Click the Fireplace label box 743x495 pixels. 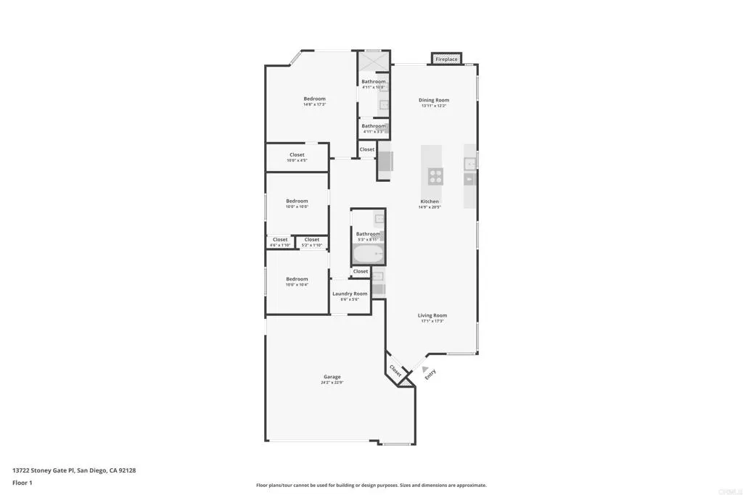click(447, 59)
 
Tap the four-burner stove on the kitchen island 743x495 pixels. click(435, 176)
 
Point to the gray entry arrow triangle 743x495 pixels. click(425, 369)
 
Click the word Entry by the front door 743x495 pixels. click(430, 375)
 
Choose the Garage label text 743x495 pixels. click(332, 376)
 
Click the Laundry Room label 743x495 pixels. click(350, 294)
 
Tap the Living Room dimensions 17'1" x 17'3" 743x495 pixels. click(432, 321)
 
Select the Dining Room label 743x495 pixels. click(434, 100)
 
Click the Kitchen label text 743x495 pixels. click(430, 201)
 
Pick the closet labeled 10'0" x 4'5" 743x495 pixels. click(297, 157)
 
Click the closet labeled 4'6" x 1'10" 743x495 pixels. click(280, 242)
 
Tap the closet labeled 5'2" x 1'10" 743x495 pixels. click(312, 242)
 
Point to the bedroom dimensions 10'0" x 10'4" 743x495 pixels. click(297, 285)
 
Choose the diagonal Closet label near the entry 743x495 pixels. click(395, 370)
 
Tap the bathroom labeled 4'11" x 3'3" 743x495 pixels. click(374, 128)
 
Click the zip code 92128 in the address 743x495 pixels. click(128, 470)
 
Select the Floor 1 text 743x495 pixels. click(22, 483)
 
